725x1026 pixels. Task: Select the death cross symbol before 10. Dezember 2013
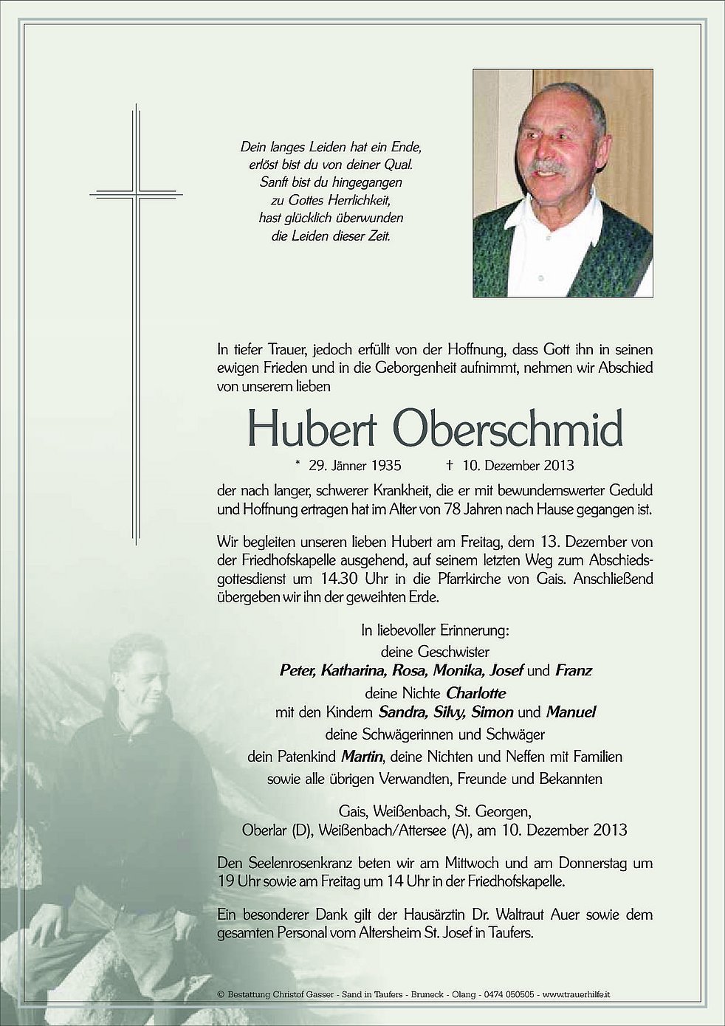point(449,466)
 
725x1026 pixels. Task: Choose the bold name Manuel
point(571,713)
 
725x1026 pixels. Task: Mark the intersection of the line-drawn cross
point(136,195)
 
